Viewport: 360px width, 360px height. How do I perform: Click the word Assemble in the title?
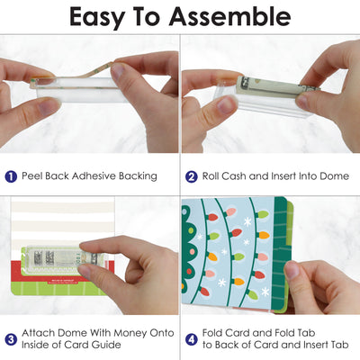[229, 16]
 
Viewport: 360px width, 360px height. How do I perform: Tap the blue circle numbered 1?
[11, 176]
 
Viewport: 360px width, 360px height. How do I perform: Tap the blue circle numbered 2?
[192, 176]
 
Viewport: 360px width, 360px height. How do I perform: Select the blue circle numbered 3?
[11, 339]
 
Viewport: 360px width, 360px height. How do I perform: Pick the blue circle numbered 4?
[192, 339]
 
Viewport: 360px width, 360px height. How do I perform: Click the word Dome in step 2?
[334, 175]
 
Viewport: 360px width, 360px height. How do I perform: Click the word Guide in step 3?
[106, 345]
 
